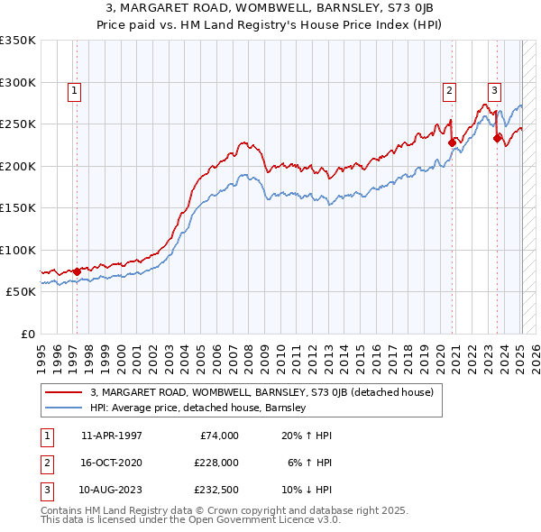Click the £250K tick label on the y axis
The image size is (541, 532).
tap(18, 124)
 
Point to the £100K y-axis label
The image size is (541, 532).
tap(18, 251)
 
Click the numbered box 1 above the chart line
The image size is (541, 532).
tap(73, 89)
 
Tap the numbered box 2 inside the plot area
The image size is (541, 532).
tap(448, 89)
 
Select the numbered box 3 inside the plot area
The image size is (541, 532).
tap(495, 89)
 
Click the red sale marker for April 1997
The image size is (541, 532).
tap(77, 271)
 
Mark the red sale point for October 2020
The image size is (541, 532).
tap(453, 142)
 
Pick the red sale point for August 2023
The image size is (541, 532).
tap(497, 138)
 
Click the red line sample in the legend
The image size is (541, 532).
tap(64, 393)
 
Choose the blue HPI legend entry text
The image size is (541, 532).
tap(198, 408)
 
